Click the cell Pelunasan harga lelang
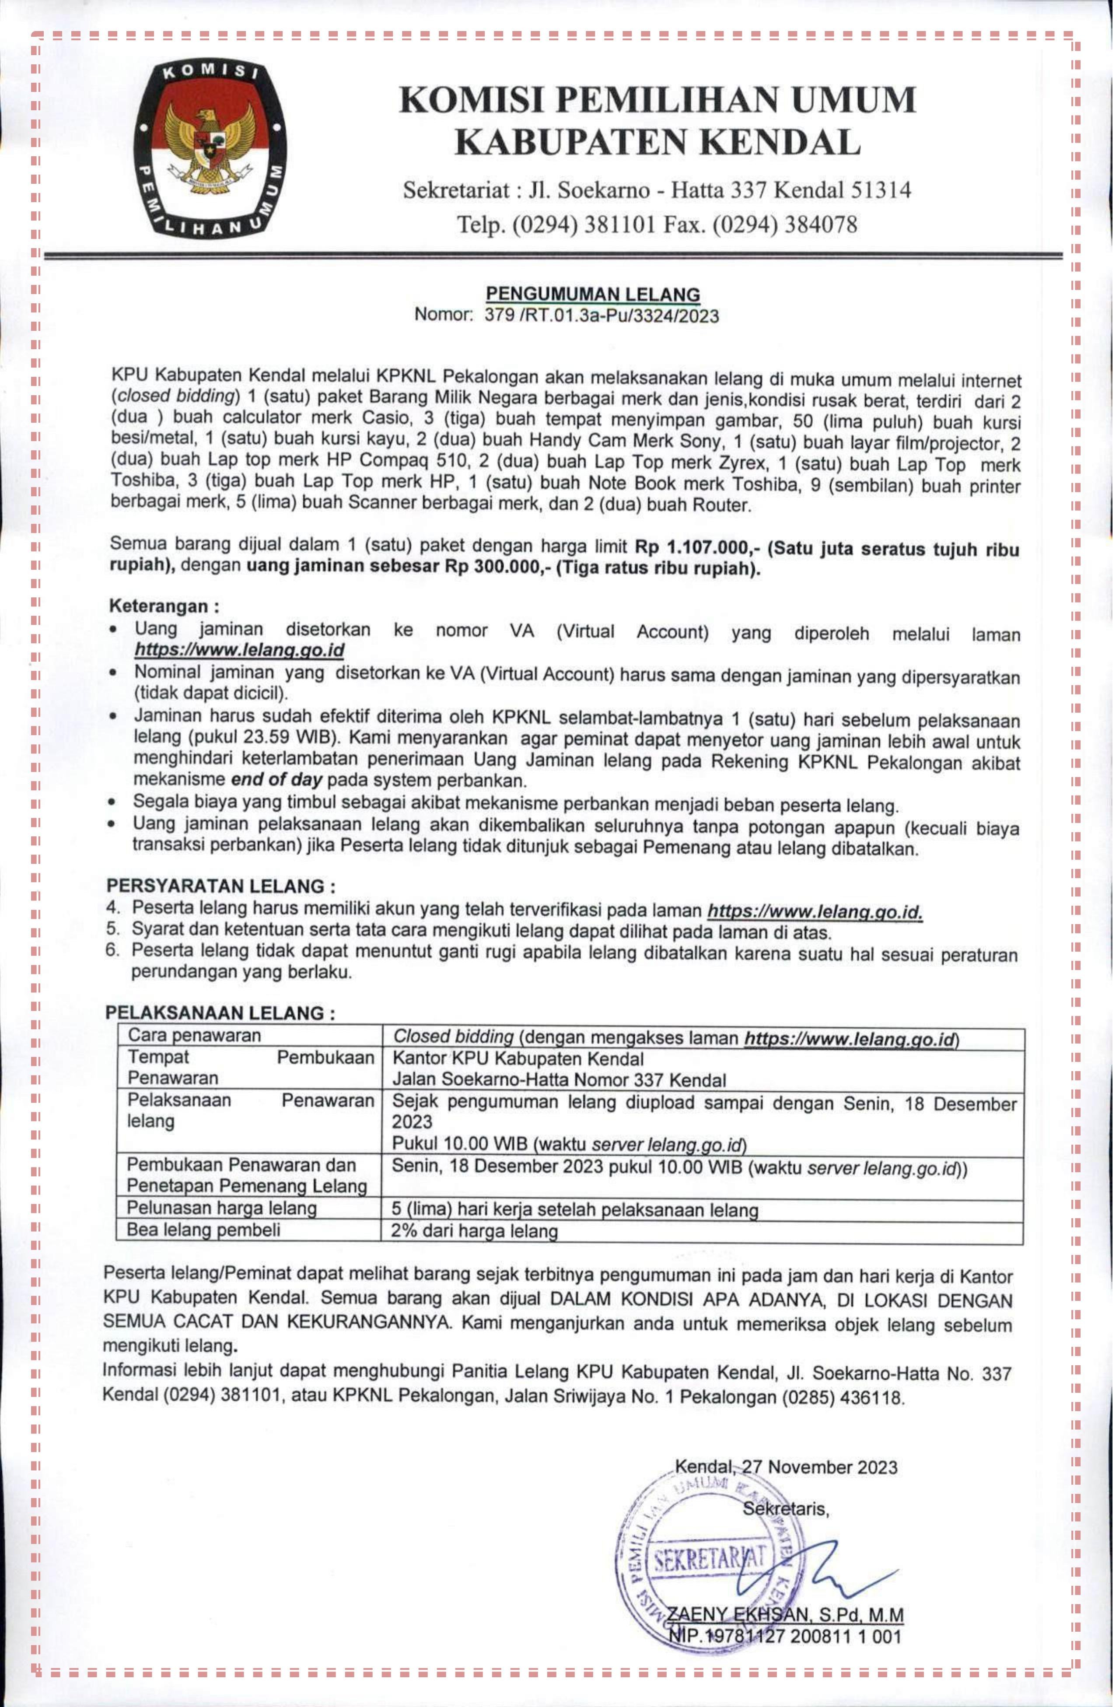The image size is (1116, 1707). (x=222, y=1209)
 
